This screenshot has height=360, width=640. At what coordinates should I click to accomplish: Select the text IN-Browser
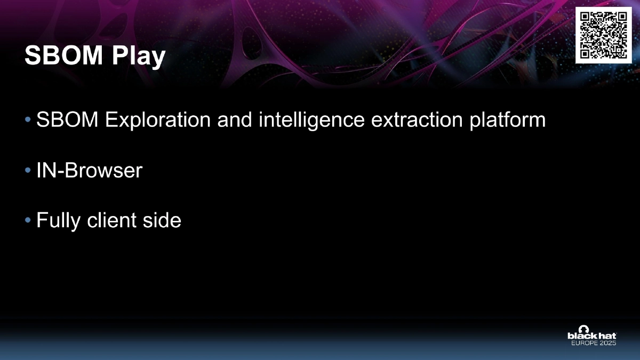click(89, 171)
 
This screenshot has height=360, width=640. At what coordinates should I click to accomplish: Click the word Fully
click(57, 221)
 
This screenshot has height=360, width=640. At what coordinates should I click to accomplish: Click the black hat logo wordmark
click(591, 336)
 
